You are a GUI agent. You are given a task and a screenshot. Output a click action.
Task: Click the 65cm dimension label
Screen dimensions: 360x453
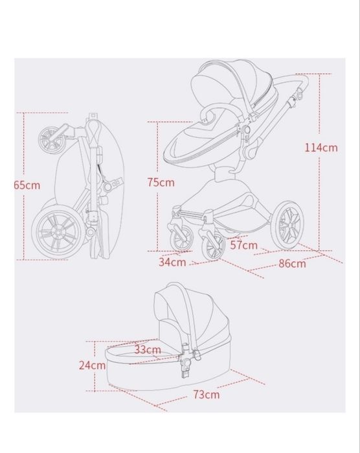click(27, 185)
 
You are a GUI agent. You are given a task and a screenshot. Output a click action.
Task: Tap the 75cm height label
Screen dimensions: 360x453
click(161, 183)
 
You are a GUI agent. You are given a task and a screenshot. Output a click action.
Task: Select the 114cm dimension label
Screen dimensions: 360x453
click(321, 148)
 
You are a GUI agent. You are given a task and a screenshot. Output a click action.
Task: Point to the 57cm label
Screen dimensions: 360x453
click(243, 245)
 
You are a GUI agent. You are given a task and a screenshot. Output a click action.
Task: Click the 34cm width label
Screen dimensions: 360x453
click(172, 262)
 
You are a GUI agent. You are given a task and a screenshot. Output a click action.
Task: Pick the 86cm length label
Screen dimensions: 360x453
click(292, 264)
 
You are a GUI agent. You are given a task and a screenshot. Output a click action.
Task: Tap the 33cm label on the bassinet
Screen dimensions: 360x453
click(148, 349)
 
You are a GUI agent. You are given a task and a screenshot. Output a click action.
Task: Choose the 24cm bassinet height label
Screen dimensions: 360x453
click(93, 365)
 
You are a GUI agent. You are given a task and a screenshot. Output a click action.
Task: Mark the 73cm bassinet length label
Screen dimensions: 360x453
click(207, 395)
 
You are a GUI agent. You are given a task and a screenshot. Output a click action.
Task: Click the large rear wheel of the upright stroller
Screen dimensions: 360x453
click(288, 226)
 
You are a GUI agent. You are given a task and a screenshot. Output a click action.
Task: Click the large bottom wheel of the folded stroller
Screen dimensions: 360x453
click(56, 233)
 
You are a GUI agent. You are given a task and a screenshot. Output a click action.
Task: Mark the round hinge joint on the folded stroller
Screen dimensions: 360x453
click(107, 187)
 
